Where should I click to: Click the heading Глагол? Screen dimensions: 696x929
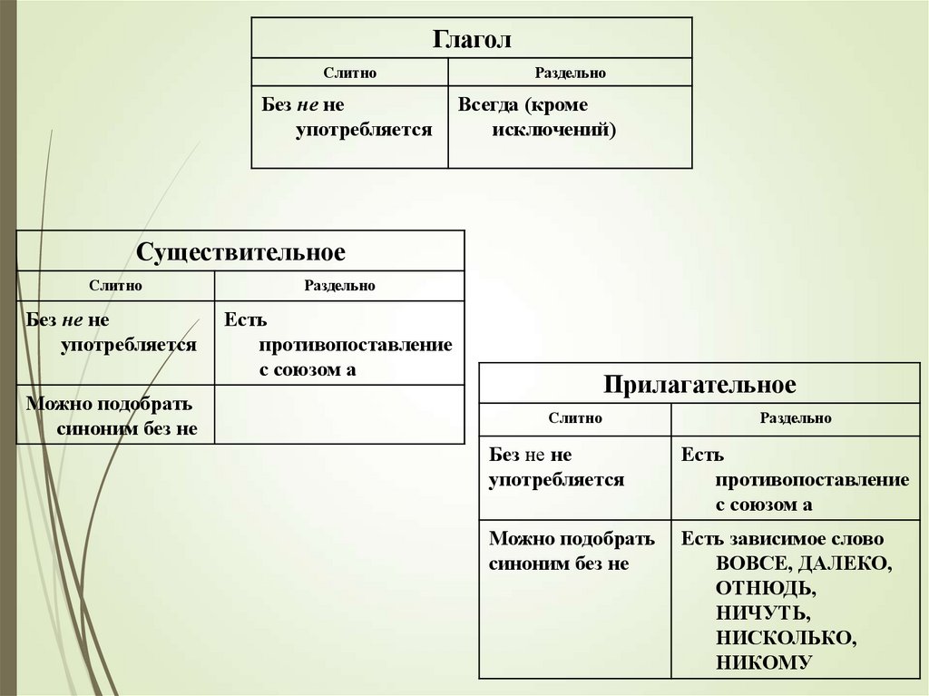click(472, 41)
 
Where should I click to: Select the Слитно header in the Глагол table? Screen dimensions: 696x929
click(350, 73)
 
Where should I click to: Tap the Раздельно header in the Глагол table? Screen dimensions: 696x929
click(570, 73)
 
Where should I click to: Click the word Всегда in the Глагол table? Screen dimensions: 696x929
click(485, 104)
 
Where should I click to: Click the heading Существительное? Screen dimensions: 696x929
click(240, 251)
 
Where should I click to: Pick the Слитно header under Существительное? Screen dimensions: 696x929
click(115, 286)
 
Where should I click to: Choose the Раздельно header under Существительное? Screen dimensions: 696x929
click(339, 286)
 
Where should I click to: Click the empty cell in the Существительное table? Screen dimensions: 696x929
click(339, 414)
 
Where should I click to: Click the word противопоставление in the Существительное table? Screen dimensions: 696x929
click(355, 345)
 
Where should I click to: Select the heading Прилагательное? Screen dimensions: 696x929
click(699, 385)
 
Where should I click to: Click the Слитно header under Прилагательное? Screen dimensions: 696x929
click(574, 418)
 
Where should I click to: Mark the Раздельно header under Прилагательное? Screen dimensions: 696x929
click(796, 418)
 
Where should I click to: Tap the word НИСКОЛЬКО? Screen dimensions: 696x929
click(784, 637)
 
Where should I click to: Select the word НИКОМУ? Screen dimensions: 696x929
click(762, 662)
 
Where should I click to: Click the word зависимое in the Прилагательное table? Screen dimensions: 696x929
click(770, 538)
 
